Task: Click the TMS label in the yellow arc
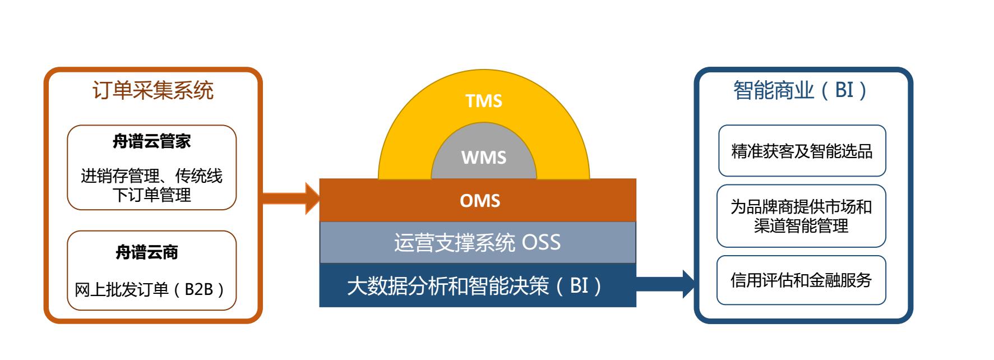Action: [484, 101]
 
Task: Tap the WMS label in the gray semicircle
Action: [484, 158]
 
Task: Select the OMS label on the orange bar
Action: [480, 201]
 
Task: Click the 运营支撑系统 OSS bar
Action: [478, 242]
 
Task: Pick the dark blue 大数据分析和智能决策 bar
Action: [478, 285]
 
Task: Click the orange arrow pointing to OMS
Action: [291, 198]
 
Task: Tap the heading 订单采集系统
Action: [152, 90]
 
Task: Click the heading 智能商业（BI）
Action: [801, 90]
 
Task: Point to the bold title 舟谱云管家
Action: [152, 141]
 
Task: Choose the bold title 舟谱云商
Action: [147, 252]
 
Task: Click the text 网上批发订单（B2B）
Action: [151, 289]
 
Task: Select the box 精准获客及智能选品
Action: [802, 151]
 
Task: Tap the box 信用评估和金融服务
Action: [801, 280]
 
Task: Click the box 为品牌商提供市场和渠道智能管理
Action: [801, 216]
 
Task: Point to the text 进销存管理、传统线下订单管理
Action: [152, 186]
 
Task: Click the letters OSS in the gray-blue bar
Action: [541, 242]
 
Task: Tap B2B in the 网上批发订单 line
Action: [199, 289]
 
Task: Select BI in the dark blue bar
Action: [579, 286]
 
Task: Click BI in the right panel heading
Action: [844, 90]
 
